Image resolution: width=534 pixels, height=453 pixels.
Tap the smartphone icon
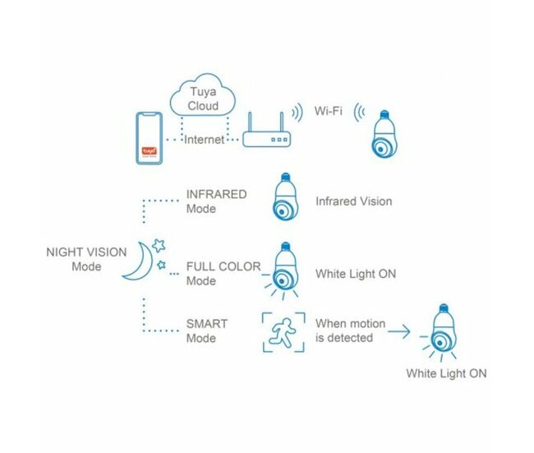[150, 138]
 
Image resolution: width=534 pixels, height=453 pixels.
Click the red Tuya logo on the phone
[150, 151]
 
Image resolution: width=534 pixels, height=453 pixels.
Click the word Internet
[204, 140]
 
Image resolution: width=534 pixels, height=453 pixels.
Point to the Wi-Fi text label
[328, 111]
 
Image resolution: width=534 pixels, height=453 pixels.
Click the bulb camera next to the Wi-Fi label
[384, 134]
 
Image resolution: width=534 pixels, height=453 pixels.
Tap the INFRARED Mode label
[216, 201]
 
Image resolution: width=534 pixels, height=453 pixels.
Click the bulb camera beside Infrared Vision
[285, 196]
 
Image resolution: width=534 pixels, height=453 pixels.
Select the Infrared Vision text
[353, 201]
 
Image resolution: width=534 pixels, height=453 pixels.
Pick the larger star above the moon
[159, 246]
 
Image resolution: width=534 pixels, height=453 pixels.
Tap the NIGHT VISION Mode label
[86, 259]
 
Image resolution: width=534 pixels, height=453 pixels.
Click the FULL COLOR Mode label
[223, 274]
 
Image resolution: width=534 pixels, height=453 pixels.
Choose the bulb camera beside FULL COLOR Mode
[283, 271]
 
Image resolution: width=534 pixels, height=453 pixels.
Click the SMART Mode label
[207, 331]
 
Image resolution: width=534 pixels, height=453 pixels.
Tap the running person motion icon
[283, 333]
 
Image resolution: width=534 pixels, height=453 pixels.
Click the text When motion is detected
[350, 331]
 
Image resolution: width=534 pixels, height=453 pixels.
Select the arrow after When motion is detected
[398, 331]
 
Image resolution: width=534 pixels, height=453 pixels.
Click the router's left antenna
[250, 122]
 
